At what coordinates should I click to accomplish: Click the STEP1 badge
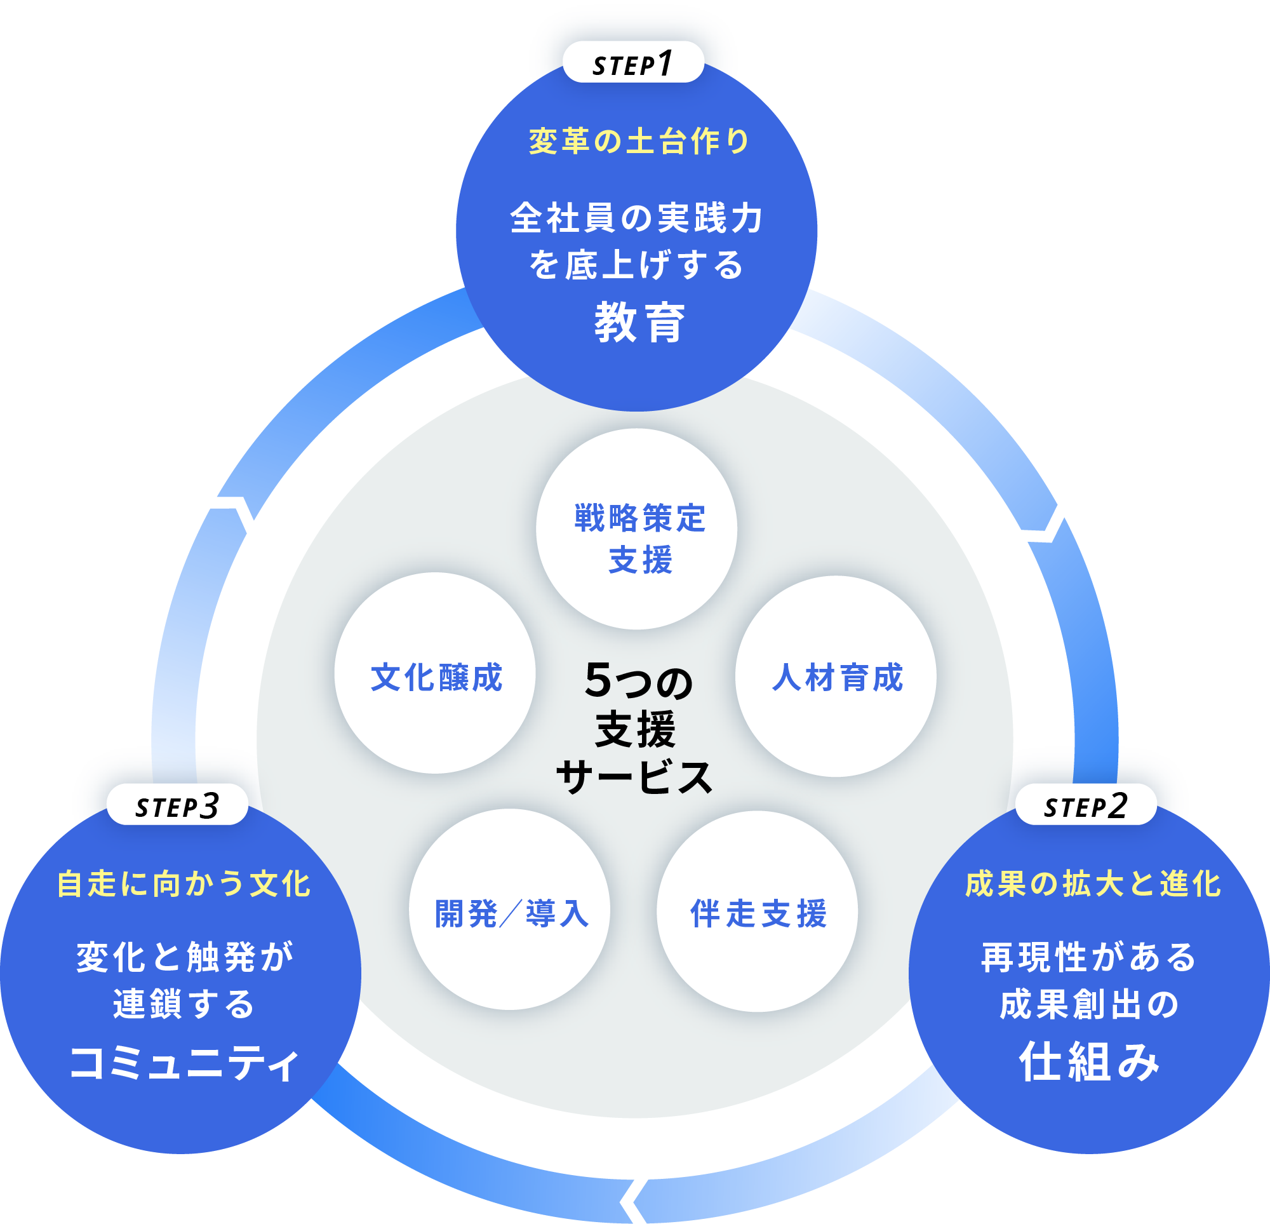click(633, 63)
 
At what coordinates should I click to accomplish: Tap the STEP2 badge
click(1086, 805)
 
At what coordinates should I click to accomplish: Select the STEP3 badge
click(178, 805)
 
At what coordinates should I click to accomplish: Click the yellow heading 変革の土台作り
click(639, 142)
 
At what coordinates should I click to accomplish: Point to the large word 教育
click(639, 322)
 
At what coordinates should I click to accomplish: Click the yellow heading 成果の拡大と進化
click(1092, 884)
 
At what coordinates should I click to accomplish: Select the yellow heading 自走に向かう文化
click(184, 884)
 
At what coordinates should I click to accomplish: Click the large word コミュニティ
click(184, 1063)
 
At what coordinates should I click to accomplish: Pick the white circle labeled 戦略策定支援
click(636, 529)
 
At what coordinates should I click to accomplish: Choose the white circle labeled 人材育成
click(836, 676)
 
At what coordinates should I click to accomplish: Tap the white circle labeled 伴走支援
click(757, 911)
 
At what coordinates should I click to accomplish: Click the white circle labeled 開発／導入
click(509, 910)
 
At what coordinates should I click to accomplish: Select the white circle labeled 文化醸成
click(436, 673)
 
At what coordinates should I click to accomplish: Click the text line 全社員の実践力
click(636, 218)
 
